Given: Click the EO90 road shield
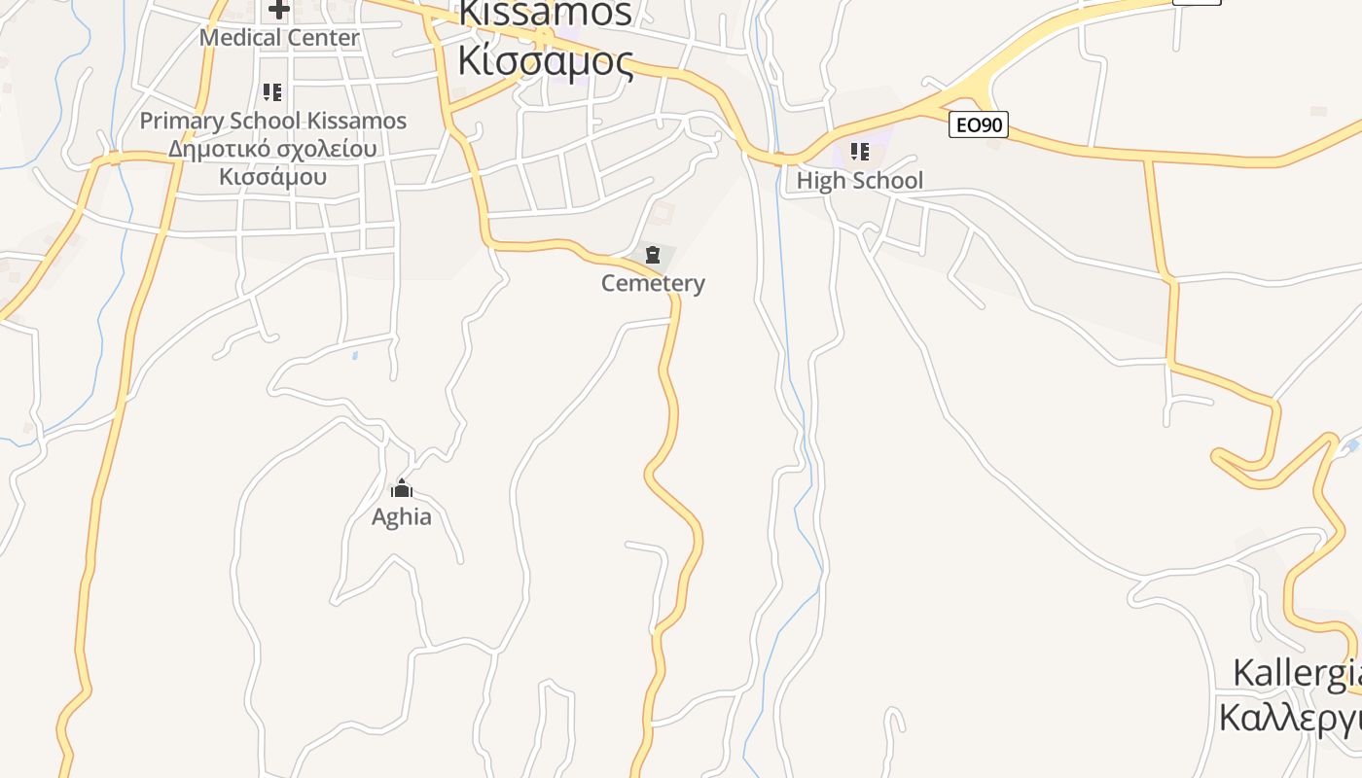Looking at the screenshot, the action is coord(979,124).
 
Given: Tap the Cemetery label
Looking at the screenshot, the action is coord(653,283).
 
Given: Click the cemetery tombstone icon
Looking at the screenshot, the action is coord(653,256).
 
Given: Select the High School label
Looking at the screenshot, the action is coord(860,180).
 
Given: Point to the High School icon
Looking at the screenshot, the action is coord(860,152).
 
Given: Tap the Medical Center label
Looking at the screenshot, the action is coord(279,38).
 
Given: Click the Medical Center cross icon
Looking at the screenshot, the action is coord(279,11).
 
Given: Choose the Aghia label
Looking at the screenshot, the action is coord(402,516).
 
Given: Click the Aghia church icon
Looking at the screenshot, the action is coord(402,489).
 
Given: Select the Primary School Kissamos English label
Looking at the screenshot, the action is coord(273,121).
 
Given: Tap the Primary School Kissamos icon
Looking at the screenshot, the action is coord(272,93).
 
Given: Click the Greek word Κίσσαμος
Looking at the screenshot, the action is coord(546,60).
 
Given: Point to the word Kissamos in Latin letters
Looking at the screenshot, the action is coord(546,14).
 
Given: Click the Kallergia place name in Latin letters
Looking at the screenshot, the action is coord(1297,673).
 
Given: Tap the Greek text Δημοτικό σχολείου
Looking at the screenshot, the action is coord(272,149).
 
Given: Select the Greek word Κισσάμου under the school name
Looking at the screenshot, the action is coord(272,177).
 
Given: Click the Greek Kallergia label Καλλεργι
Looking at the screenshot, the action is coord(1290,719).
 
